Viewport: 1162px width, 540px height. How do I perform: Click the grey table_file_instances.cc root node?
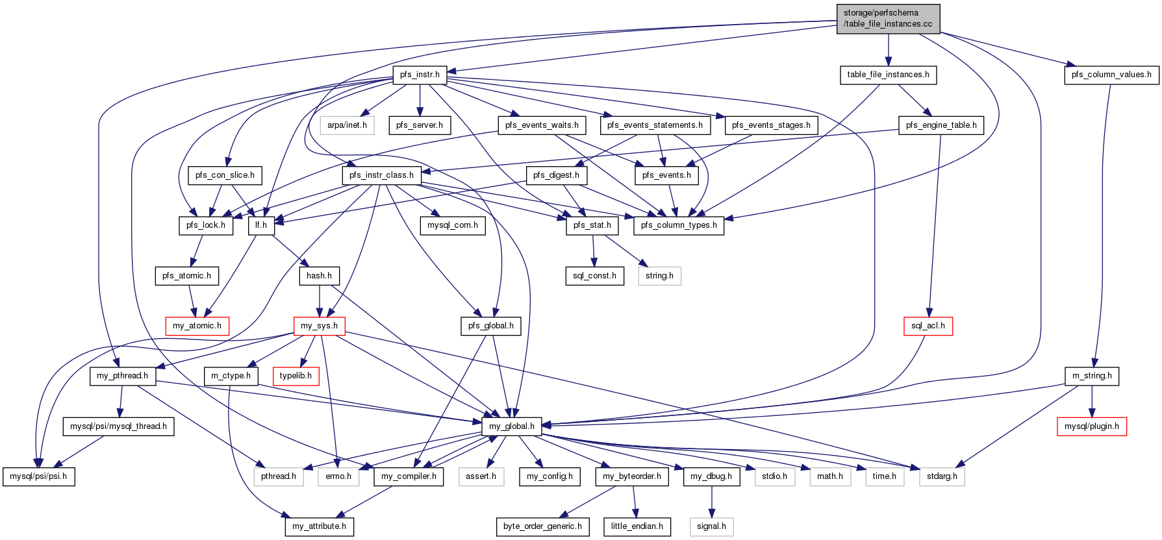(888, 18)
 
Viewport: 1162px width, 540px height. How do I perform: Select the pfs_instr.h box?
(420, 75)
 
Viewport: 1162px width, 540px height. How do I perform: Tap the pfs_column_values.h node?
(1111, 75)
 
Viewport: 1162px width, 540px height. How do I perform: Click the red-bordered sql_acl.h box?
(928, 326)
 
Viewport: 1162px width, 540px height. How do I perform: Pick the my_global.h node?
(512, 426)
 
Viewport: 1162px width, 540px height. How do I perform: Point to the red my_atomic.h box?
(197, 326)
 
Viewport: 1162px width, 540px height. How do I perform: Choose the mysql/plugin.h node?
(1092, 426)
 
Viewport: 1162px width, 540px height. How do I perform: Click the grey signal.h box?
(711, 526)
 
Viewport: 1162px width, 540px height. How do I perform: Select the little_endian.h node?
(637, 526)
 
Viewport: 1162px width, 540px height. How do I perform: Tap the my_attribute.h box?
(319, 526)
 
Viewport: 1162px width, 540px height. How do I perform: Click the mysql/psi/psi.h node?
(38, 476)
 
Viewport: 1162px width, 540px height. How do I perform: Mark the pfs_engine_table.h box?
(941, 125)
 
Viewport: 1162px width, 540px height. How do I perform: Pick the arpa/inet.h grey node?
(347, 125)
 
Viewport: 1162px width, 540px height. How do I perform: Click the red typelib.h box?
(296, 376)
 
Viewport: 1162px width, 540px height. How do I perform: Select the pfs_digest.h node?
(557, 175)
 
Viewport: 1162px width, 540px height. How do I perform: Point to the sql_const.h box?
(594, 276)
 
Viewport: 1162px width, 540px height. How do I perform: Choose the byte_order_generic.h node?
(542, 526)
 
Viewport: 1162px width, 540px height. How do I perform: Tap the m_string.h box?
(1092, 376)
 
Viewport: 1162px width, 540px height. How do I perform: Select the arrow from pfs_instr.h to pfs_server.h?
(420, 100)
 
